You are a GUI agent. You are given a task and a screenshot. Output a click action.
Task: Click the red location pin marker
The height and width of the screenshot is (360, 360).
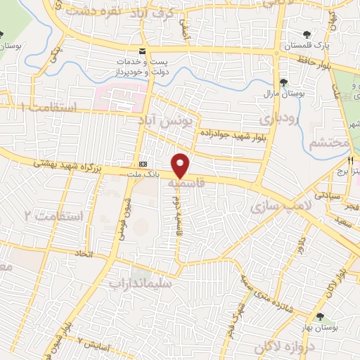pyautogui.click(x=181, y=165)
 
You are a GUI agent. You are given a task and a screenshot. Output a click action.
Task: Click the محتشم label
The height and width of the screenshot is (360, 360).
pyautogui.click(x=328, y=143)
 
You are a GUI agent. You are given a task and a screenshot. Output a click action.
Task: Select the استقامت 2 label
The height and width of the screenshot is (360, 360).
pyautogui.click(x=53, y=216)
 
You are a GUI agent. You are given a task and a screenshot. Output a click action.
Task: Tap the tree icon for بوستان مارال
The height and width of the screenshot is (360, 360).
pyautogui.click(x=283, y=82)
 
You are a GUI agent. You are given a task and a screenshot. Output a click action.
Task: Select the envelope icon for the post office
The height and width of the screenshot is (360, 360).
pyautogui.click(x=143, y=51)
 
